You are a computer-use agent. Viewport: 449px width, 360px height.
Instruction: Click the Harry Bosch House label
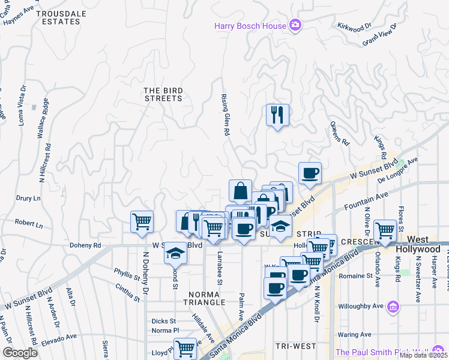(251, 25)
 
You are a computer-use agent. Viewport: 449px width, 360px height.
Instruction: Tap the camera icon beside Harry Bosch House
(295, 25)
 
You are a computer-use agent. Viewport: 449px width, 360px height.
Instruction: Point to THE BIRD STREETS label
(163, 94)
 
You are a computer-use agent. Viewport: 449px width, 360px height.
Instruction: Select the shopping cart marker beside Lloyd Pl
(185, 347)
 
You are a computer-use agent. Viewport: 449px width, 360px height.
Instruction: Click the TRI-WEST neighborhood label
(295, 346)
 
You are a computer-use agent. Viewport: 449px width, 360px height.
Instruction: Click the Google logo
(20, 353)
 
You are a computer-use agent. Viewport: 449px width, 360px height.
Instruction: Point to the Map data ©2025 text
(424, 355)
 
